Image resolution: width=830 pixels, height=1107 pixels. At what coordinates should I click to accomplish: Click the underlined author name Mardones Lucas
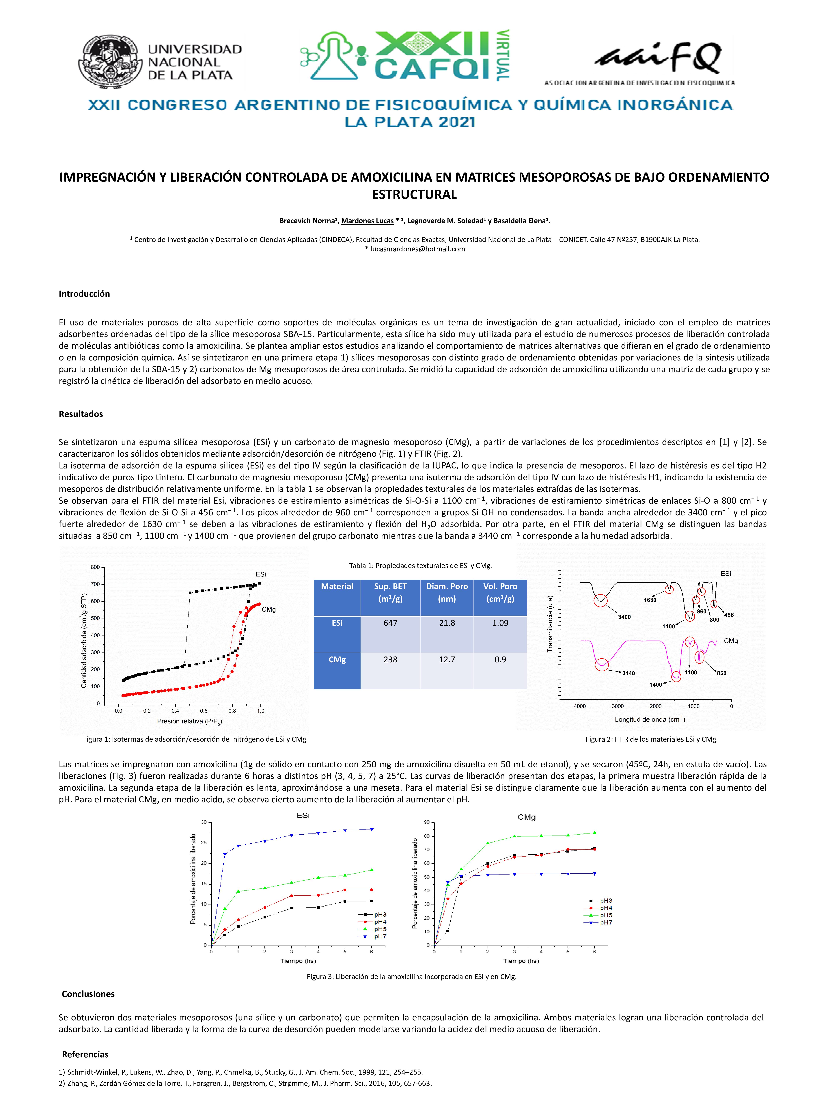367,221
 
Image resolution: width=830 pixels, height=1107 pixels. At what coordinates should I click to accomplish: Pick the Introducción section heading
84,294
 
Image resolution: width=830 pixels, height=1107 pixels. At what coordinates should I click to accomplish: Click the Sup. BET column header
390,593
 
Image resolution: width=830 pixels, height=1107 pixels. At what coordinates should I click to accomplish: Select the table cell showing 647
390,623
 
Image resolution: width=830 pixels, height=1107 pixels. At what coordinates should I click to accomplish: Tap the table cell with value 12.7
447,660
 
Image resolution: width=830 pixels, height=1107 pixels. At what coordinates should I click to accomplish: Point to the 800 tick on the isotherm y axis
95,567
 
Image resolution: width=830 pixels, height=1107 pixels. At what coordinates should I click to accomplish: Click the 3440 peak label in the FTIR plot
628,673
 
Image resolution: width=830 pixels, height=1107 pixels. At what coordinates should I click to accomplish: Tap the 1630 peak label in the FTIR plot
650,600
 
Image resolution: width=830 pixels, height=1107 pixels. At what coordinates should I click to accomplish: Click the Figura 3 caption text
411,976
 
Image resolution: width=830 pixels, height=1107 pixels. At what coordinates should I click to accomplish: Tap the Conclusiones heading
88,994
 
